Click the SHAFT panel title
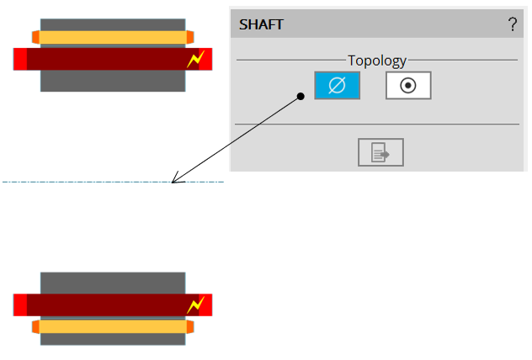pos(261,24)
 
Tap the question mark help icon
pos(512,24)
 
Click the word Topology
pos(377,61)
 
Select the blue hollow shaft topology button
pos(337,85)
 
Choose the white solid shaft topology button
pos(408,85)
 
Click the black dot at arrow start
pos(301,97)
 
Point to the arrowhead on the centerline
pos(174,180)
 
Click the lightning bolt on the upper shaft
pos(195,60)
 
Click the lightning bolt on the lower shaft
pos(195,304)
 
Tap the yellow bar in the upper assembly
pos(112,37)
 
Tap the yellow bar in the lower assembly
pos(112,326)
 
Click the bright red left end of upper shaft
pos(20,59)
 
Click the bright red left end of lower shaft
pos(20,304)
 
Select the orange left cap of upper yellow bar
pos(35,37)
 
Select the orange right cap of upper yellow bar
pos(189,37)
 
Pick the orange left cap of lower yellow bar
pos(35,326)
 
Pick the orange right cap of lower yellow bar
pos(189,326)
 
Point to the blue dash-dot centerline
pos(84,182)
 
